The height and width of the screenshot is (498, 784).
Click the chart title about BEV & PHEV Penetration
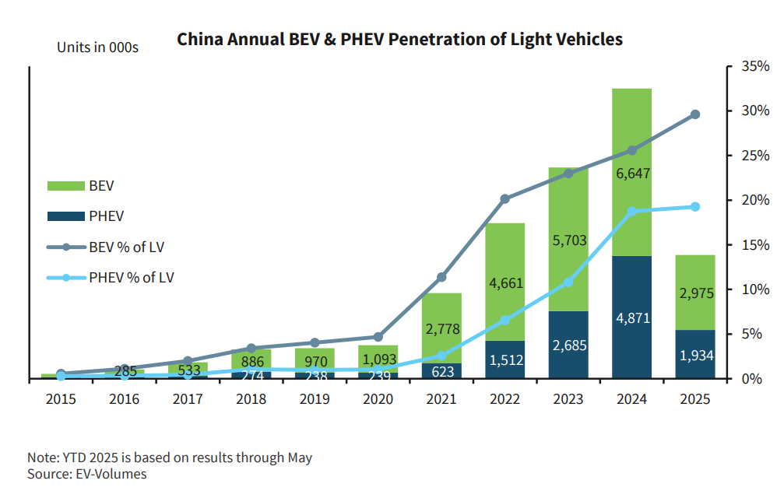(x=400, y=39)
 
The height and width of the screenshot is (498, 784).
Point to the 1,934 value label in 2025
(x=694, y=356)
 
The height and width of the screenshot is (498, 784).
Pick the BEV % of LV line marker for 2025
(x=695, y=114)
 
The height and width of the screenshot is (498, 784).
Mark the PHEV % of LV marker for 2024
(x=631, y=211)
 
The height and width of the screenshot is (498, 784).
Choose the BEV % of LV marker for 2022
(x=505, y=199)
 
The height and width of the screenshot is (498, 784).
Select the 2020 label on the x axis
(x=378, y=399)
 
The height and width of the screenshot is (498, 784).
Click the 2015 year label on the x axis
(x=61, y=399)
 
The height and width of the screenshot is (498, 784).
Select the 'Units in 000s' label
(x=97, y=47)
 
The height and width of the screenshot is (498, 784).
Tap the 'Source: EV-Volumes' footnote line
(x=86, y=473)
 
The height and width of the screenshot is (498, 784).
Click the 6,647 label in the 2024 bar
(x=631, y=175)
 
